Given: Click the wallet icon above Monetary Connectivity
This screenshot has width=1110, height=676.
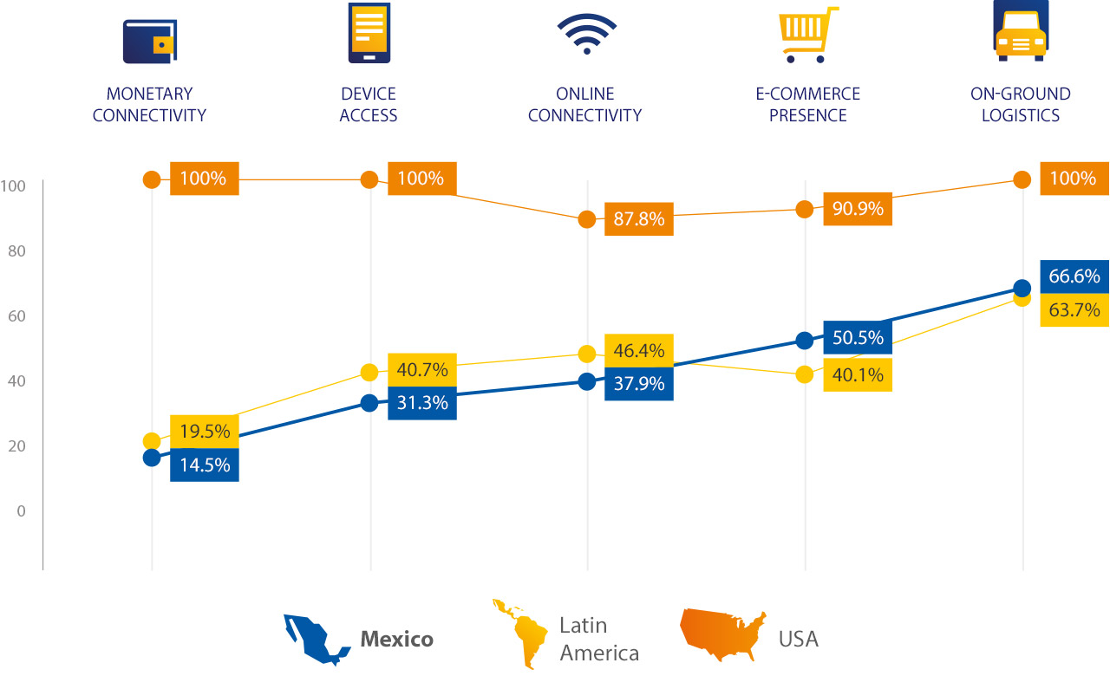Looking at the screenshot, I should tap(149, 42).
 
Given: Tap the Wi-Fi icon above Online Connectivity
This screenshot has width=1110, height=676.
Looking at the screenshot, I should tap(587, 34).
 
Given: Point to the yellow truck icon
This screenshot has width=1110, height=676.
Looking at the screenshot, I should tap(1021, 31).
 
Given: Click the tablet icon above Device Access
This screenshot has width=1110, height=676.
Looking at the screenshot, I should tap(369, 32).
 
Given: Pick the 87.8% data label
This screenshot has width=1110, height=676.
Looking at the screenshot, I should tap(639, 219).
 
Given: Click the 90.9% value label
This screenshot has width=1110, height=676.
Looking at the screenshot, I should tap(857, 209).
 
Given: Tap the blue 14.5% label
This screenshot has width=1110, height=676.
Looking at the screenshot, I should tap(205, 465).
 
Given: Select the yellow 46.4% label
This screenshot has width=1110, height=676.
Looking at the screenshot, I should tap(639, 351).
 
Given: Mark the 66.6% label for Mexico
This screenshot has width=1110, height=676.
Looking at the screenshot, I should tap(1074, 276).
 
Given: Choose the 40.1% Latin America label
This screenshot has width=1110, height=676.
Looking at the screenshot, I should tap(857, 375).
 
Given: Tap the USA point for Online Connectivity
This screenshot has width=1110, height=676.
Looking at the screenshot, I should tap(587, 219).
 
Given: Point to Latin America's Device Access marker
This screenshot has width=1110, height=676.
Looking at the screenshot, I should tap(369, 373).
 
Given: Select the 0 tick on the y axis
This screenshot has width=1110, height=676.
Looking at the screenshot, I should tap(20, 511).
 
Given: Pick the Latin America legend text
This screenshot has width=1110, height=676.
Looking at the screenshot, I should tap(598, 639).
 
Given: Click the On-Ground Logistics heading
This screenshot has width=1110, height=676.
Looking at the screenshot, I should tap(1021, 105).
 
